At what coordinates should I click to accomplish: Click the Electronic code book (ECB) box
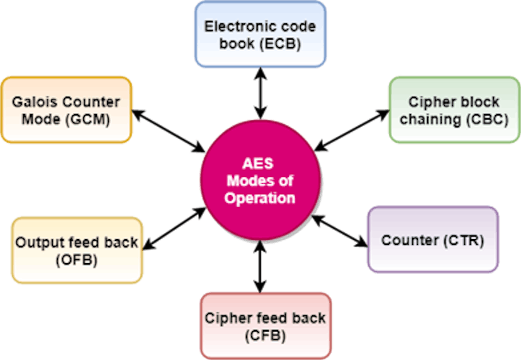click(x=260, y=35)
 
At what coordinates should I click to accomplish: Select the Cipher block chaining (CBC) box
click(x=454, y=110)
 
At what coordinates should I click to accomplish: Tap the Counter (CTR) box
click(x=432, y=240)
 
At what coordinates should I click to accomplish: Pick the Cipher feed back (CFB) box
click(x=265, y=325)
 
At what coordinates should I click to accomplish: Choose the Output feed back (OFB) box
click(x=77, y=250)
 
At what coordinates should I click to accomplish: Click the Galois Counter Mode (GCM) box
click(x=66, y=110)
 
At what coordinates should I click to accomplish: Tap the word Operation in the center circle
click(x=260, y=198)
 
